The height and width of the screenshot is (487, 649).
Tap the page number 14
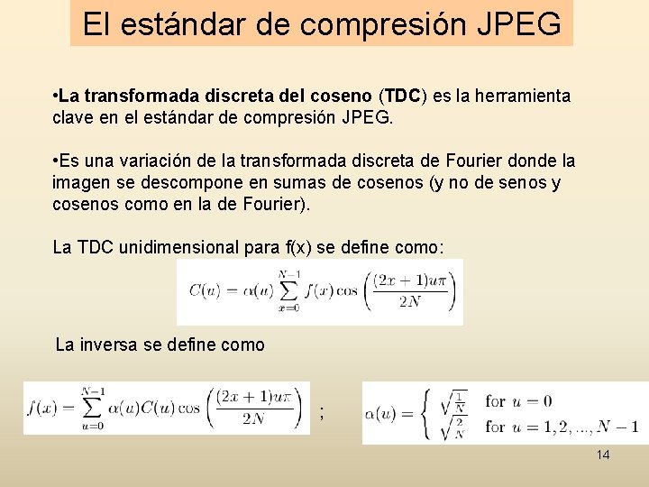pyautogui.click(x=603, y=455)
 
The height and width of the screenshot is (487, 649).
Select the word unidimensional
pyautogui.click(x=181, y=247)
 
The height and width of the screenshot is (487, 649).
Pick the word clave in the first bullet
pyautogui.click(x=74, y=117)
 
